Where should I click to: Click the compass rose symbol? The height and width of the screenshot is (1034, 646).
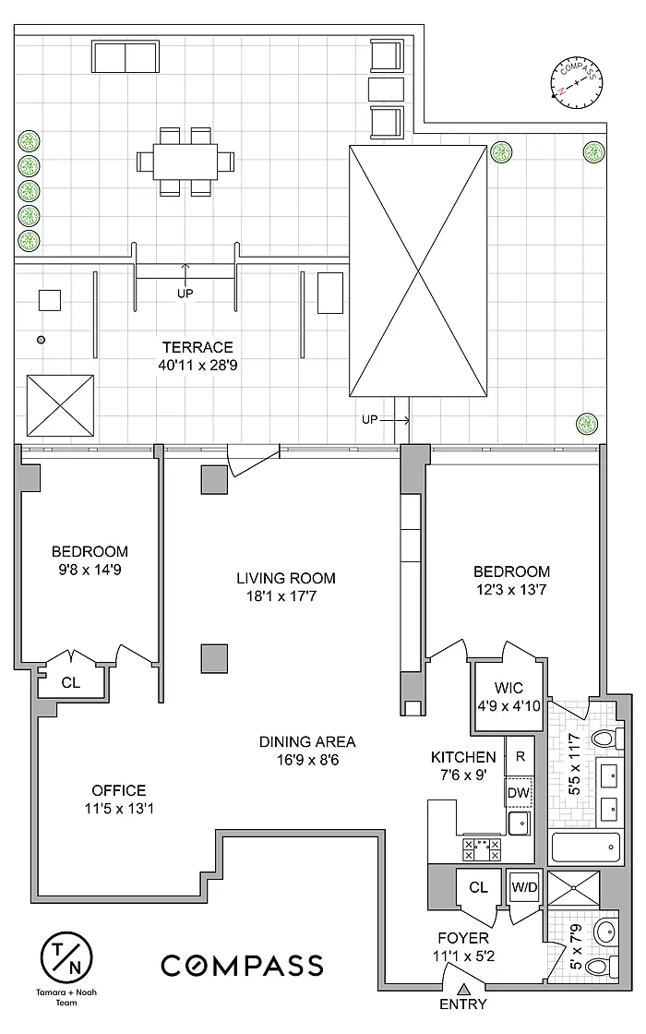tap(577, 83)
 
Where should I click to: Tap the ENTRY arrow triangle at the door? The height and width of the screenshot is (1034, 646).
tap(463, 989)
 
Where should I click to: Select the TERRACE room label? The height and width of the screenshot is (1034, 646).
tap(197, 347)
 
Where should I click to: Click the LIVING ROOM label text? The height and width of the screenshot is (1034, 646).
tap(286, 578)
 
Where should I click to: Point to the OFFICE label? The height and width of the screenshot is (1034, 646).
tap(119, 790)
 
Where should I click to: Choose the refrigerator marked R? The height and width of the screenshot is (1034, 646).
tap(520, 756)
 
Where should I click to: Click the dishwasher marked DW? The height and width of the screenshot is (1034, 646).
tap(520, 793)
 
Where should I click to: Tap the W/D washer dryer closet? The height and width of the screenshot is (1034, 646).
tap(525, 887)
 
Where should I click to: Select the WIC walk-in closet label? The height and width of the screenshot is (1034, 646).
tap(508, 688)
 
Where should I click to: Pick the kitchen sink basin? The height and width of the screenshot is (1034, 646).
tap(520, 823)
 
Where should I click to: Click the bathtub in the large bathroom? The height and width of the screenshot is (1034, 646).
tap(586, 847)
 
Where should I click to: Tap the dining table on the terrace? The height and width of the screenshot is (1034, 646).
tap(185, 161)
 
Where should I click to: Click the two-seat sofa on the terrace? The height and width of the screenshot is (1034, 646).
tap(126, 56)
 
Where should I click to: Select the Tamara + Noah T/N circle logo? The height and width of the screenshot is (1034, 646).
tap(66, 956)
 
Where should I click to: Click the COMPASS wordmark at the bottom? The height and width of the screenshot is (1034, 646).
tap(243, 966)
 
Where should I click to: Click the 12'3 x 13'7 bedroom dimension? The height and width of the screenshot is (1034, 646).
tap(511, 590)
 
